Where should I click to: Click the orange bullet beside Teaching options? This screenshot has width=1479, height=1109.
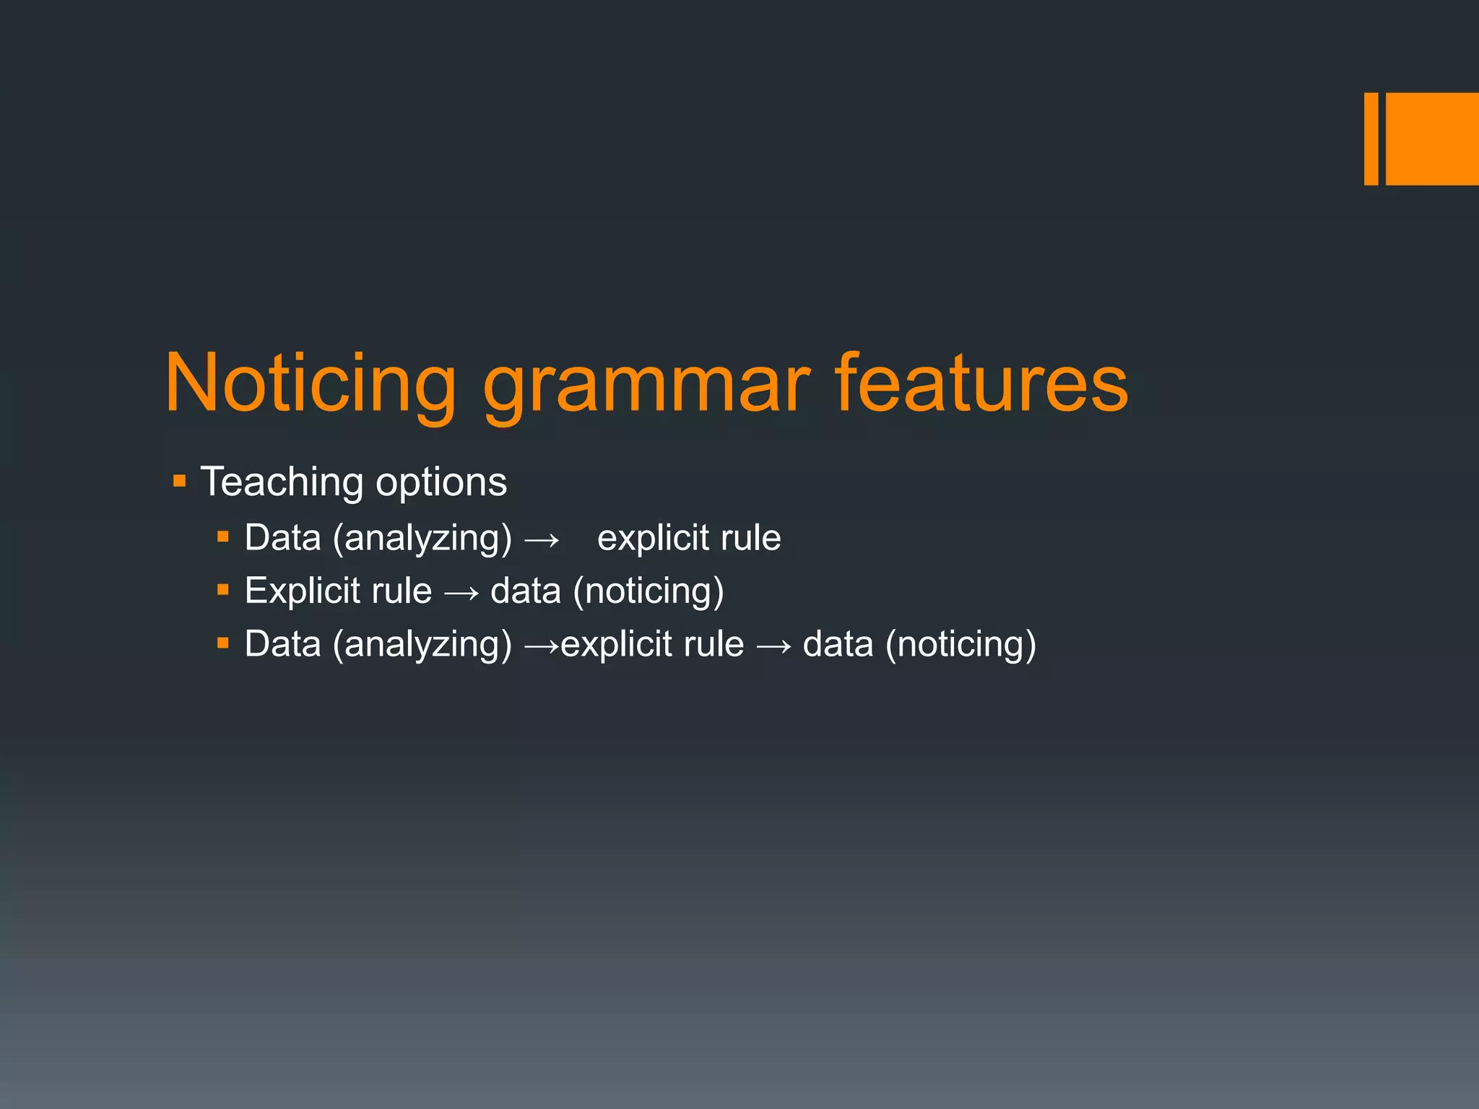click(180, 481)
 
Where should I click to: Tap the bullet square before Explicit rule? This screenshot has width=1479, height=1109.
click(223, 590)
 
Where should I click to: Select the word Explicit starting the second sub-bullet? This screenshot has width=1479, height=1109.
click(303, 591)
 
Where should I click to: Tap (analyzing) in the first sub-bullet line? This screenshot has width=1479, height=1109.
click(422, 539)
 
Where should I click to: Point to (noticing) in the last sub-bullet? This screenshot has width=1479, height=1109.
click(961, 644)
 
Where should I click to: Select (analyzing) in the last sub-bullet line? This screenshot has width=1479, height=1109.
click(422, 644)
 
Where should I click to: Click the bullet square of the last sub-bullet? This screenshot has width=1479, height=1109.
click(223, 643)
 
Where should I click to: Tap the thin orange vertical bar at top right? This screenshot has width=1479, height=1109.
click(1371, 139)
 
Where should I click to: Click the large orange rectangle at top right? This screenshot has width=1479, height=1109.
click(1432, 139)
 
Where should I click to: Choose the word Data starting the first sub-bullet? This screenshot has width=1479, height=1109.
click(282, 539)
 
